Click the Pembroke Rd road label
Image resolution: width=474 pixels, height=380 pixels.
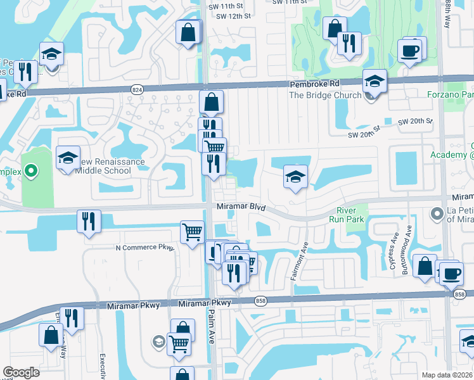tap(315, 84)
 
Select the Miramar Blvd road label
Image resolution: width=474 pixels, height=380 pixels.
tap(242, 207)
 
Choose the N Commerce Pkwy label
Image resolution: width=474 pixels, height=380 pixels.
tap(144, 248)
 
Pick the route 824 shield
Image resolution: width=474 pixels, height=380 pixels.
tap(137, 90)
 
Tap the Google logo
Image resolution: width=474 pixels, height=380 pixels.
tap(21, 372)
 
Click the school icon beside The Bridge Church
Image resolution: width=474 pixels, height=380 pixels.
tap(375, 82)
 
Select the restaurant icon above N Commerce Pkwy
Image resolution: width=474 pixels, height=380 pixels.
tap(88, 222)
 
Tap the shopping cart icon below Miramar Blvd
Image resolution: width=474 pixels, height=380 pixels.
tap(192, 232)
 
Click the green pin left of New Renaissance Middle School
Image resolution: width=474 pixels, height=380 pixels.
tap(29, 171)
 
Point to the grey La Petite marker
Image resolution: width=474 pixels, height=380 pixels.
tap(437, 214)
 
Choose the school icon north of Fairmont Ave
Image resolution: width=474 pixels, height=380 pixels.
tap(295, 177)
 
